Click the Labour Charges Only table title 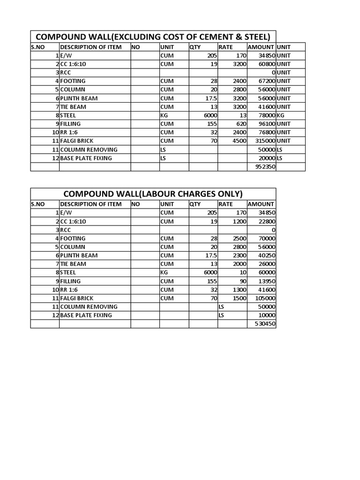(153, 194)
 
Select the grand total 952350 (265, 167)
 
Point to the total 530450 (265, 324)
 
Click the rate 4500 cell (239, 141)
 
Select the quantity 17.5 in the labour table (211, 255)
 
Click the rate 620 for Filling (241, 124)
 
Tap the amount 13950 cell (266, 281)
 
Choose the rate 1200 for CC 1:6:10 (239, 221)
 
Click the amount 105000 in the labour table (264, 298)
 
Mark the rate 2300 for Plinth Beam (239, 255)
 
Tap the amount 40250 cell (266, 255)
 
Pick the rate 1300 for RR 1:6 (239, 290)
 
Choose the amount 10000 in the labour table (266, 315)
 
